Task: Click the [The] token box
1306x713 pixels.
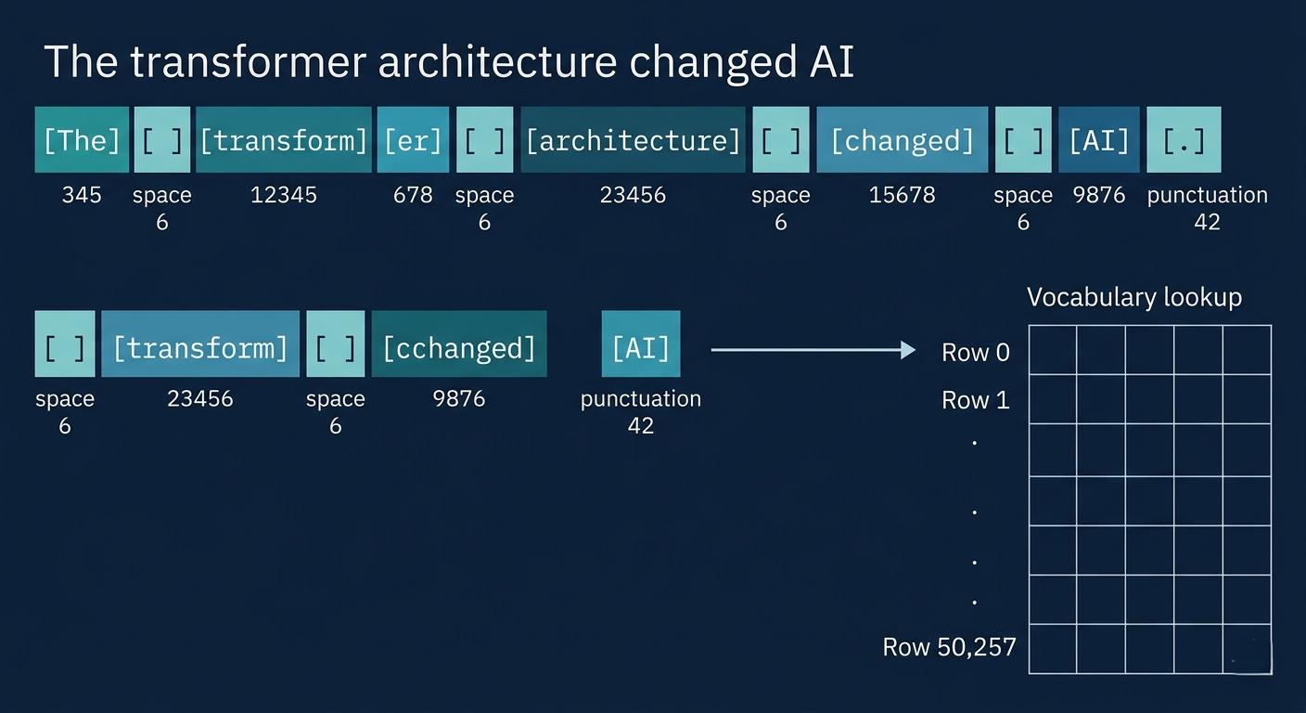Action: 82,139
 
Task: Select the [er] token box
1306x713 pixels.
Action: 413,139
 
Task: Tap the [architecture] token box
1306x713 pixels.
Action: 633,139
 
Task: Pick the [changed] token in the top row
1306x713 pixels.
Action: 902,139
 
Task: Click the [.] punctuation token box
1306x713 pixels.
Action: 1184,139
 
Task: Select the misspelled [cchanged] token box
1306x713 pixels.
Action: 459,344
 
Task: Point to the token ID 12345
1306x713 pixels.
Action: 283,195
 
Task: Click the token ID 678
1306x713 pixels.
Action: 413,195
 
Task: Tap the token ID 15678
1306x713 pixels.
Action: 902,195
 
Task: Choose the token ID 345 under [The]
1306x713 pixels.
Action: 82,195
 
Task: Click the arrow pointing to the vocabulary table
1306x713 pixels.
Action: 813,350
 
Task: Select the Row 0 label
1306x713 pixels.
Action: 976,353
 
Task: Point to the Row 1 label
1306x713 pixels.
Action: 976,400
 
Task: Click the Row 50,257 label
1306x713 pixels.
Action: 949,647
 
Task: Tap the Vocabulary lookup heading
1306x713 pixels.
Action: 1134,298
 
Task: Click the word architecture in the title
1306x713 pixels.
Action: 497,61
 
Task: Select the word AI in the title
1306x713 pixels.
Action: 831,61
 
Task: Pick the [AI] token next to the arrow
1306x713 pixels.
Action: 641,344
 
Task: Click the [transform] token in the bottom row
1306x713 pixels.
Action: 200,344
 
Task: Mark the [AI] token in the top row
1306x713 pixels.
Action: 1099,139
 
